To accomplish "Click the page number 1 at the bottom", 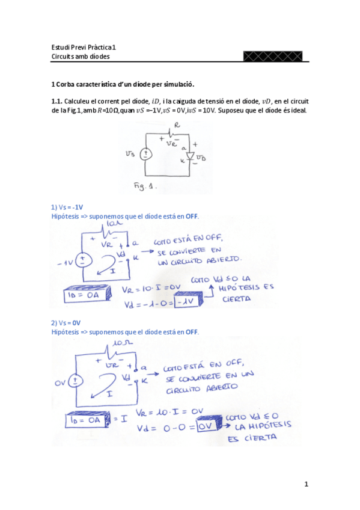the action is tap(306, 484).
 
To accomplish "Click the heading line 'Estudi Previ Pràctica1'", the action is tap(84, 48).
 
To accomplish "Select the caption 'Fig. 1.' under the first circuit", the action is tap(145, 186).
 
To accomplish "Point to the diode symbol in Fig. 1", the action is tap(190, 156).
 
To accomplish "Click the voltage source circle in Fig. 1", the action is tap(145, 154).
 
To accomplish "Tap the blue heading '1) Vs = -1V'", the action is tap(67, 206).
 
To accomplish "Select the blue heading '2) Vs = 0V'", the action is tap(66, 322).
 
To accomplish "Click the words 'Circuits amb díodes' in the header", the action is tap(81, 57).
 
